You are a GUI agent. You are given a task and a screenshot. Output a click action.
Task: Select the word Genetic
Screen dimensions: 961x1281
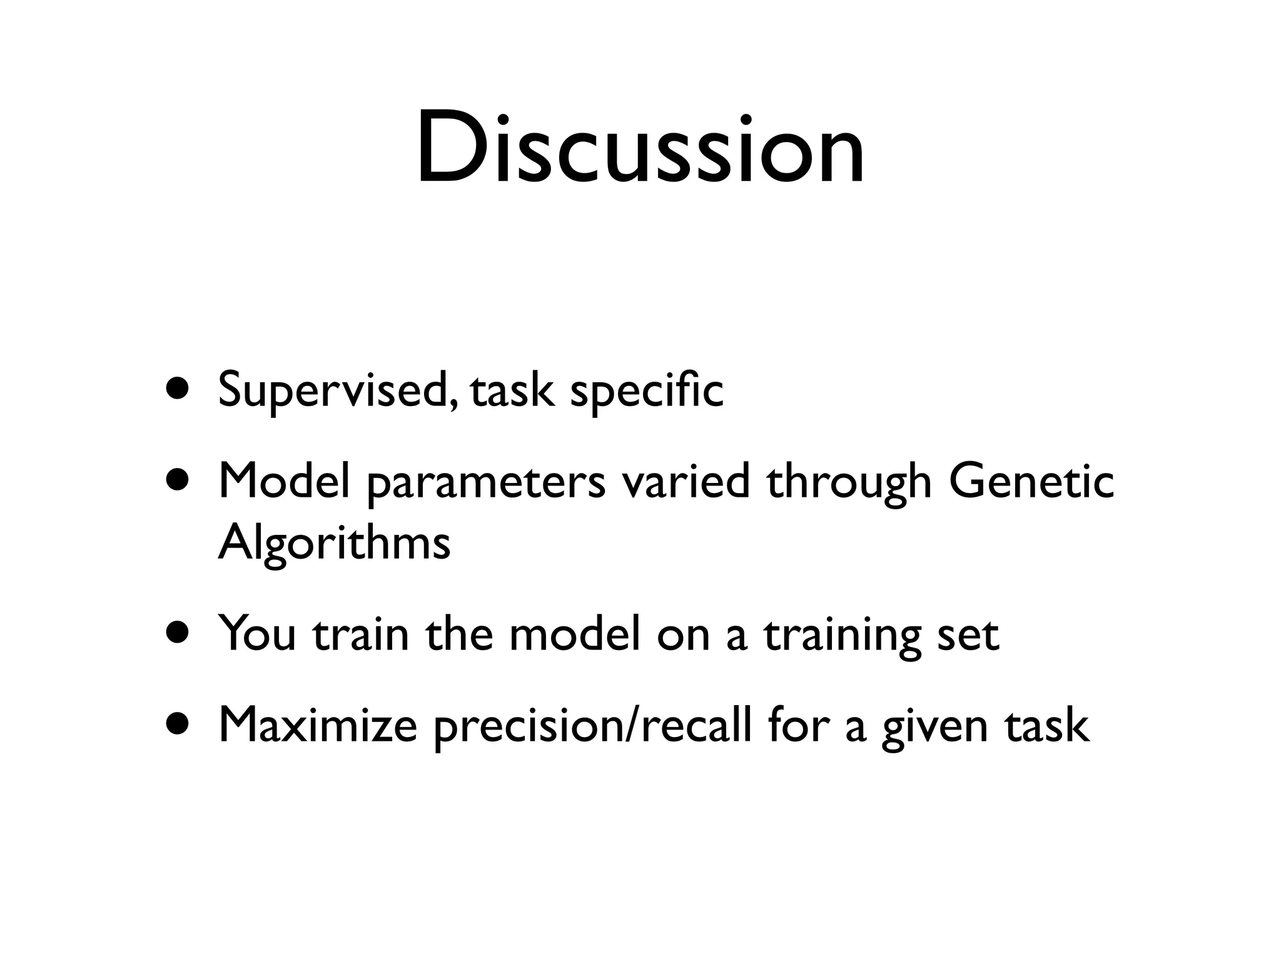click(1031, 482)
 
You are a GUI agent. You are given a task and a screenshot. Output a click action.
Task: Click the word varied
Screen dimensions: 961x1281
click(686, 482)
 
